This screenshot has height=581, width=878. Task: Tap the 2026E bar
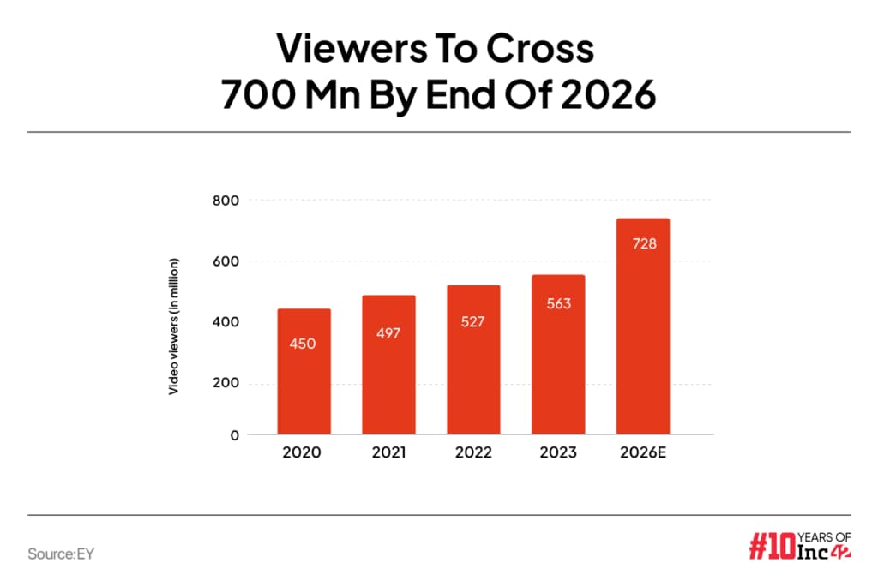tap(642, 326)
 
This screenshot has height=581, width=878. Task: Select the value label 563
tap(557, 304)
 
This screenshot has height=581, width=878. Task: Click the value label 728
tap(642, 244)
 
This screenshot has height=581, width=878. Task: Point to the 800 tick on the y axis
tap(227, 200)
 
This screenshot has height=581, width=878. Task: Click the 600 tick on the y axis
tap(227, 261)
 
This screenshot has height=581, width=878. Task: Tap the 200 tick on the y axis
tap(227, 383)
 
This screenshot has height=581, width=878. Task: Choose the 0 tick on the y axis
tap(234, 434)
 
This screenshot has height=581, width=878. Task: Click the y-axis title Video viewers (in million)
tap(174, 326)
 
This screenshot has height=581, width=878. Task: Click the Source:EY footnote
tap(60, 554)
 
